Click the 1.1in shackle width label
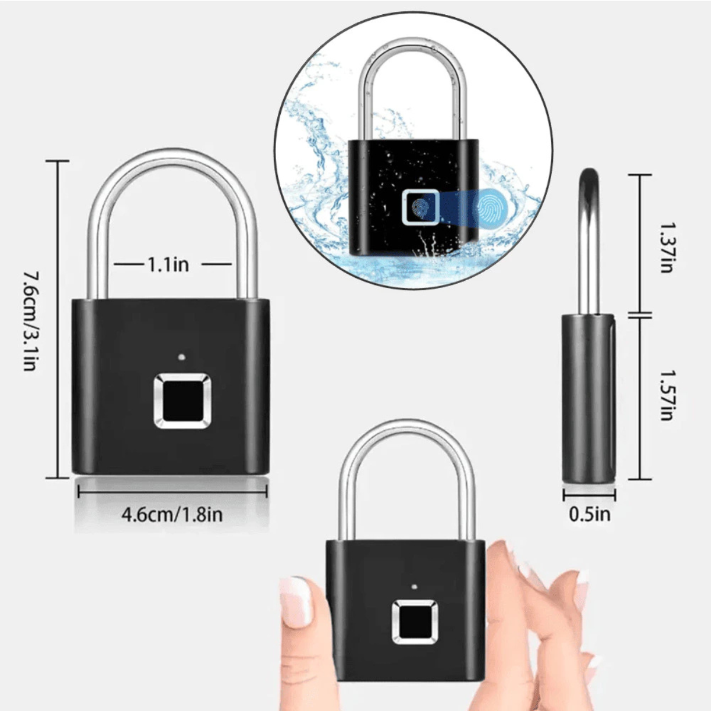(x=168, y=264)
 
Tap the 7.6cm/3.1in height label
(x=31, y=321)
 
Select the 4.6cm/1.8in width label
(x=172, y=514)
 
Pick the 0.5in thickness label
(x=589, y=514)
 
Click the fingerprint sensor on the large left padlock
(x=182, y=401)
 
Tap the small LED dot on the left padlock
(x=181, y=358)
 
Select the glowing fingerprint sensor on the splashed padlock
(x=420, y=208)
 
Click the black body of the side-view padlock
(x=588, y=397)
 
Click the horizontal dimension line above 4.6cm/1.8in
(x=172, y=491)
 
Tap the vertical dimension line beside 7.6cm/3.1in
(x=57, y=320)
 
